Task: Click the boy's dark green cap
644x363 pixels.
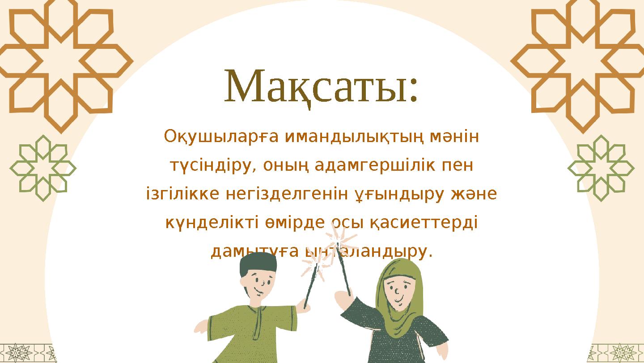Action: pyautogui.click(x=258, y=265)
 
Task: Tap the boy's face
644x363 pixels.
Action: pyautogui.click(x=260, y=285)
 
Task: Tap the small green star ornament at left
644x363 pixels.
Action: pyautogui.click(x=43, y=168)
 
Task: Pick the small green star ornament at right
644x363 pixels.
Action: pyautogui.click(x=601, y=168)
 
